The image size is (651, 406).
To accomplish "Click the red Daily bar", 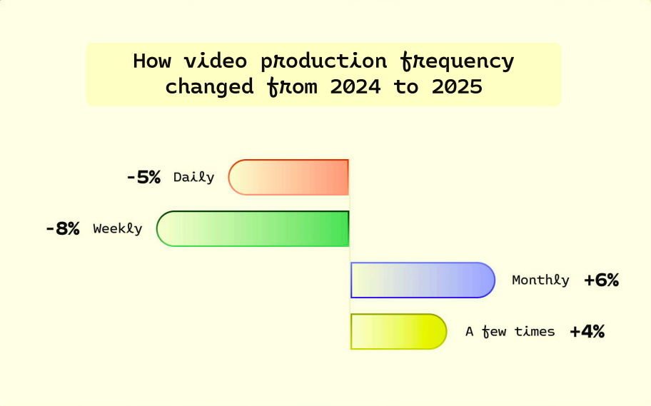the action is tap(288, 177).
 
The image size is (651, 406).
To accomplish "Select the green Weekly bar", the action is tap(253, 229).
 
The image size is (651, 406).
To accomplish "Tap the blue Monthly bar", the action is tap(423, 280).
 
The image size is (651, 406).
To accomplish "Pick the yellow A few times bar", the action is tap(398, 332).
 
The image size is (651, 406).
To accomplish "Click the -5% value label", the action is tap(143, 178).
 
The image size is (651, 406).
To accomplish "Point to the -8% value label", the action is tap(63, 229).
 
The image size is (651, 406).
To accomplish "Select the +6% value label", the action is tap(602, 280).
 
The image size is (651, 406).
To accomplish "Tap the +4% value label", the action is tap(587, 332).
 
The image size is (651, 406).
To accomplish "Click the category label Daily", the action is tap(194, 178).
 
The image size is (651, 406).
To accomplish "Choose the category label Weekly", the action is tap(118, 229).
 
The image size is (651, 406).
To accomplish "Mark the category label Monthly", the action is tap(540, 280).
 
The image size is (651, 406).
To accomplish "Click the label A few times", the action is tap(510, 332).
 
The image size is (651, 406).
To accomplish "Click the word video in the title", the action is tap(216, 61).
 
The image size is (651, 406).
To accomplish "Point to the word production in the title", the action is tap(324, 62).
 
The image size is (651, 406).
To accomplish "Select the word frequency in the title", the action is tap(458, 62).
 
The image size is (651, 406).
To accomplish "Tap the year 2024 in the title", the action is tap(355, 87).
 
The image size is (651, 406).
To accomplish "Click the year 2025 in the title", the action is tap(457, 87).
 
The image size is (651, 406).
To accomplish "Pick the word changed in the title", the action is tap(210, 87).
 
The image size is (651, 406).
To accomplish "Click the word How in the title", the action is tap(152, 61).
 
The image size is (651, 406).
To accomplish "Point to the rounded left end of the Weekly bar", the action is tap(157, 229).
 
